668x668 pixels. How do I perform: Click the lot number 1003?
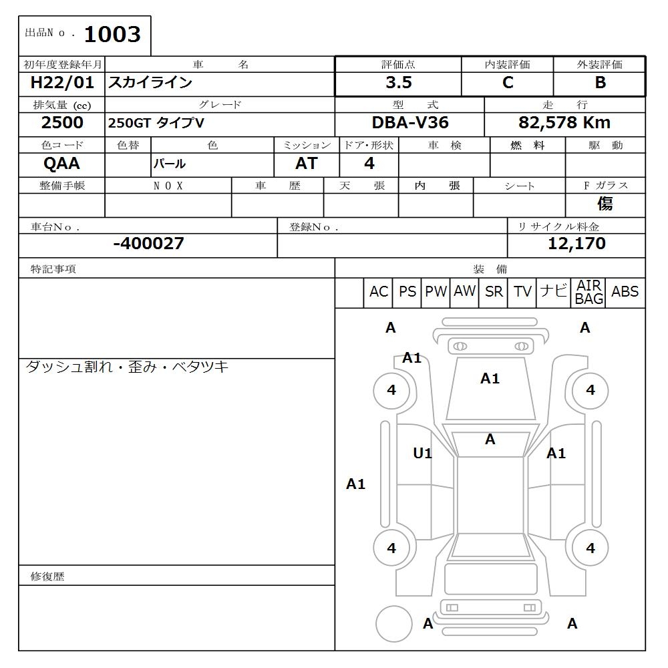pos(112,35)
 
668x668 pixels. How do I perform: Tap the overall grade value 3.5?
pos(398,83)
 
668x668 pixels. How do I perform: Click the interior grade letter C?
pos(508,83)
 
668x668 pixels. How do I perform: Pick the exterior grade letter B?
pos(600,83)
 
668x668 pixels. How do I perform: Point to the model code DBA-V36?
pos(410,123)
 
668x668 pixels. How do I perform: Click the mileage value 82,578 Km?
pos(564,123)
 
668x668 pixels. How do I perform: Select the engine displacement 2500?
pos(62,123)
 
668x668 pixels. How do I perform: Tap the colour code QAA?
pos(61,164)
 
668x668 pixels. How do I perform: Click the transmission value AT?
pos(306,164)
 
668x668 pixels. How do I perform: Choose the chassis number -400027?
pos(148,244)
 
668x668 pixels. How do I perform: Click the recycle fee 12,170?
pos(576,244)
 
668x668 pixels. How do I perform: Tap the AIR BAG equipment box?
pos(589,293)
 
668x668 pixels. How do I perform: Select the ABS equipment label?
pos(625,292)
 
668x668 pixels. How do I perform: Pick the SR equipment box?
pos(494,292)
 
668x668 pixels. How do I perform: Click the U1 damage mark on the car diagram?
pos(422,454)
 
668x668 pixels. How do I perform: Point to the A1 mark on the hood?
pos(490,379)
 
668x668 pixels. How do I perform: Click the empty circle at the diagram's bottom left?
pos(393,624)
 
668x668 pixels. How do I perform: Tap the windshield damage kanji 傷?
pos(605,204)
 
